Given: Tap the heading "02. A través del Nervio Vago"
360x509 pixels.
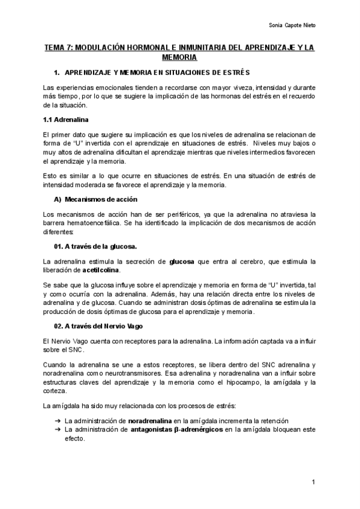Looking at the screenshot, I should [98, 326].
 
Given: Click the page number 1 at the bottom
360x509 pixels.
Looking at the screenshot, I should [314, 483].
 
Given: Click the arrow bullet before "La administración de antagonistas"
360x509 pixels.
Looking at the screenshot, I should [58, 430].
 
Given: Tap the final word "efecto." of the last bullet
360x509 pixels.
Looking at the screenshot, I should [75, 439].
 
